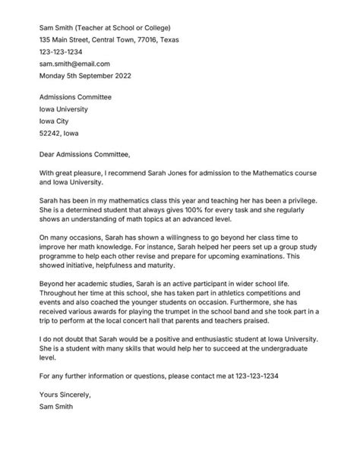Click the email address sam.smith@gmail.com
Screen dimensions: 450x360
point(74,65)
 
